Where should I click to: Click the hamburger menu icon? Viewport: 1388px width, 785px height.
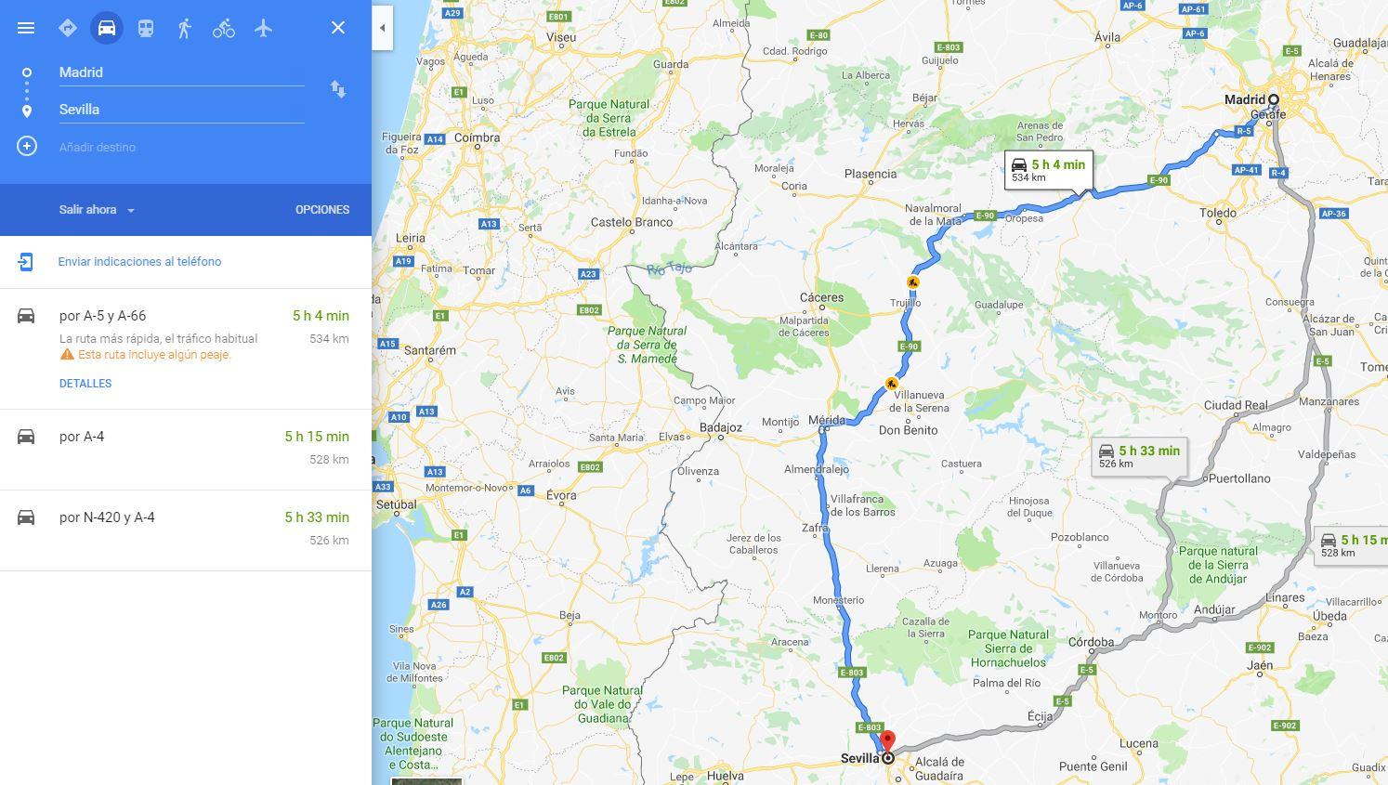[26, 28]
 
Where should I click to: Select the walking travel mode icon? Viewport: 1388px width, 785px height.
[184, 28]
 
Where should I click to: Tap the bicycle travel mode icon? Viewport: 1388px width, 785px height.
[224, 28]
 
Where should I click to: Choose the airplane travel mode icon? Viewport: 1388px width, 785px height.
[264, 28]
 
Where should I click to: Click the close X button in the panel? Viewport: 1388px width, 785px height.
[338, 28]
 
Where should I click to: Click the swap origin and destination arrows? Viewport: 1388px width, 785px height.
[338, 89]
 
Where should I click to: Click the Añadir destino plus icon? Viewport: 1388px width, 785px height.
[27, 147]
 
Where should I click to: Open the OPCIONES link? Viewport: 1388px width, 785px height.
[322, 210]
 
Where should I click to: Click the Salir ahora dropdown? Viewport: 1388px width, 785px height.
[97, 210]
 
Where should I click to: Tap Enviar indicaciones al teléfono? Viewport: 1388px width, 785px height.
[139, 262]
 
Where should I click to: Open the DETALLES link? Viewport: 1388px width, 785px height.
[85, 384]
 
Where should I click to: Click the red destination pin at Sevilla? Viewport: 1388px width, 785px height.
[887, 741]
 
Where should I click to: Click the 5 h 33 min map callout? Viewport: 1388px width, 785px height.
[1139, 456]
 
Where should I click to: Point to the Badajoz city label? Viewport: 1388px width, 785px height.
[721, 428]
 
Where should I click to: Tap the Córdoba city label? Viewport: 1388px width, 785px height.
[1091, 642]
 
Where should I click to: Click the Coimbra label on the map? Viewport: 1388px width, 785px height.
[478, 137]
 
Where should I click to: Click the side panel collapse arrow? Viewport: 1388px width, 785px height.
[382, 28]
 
